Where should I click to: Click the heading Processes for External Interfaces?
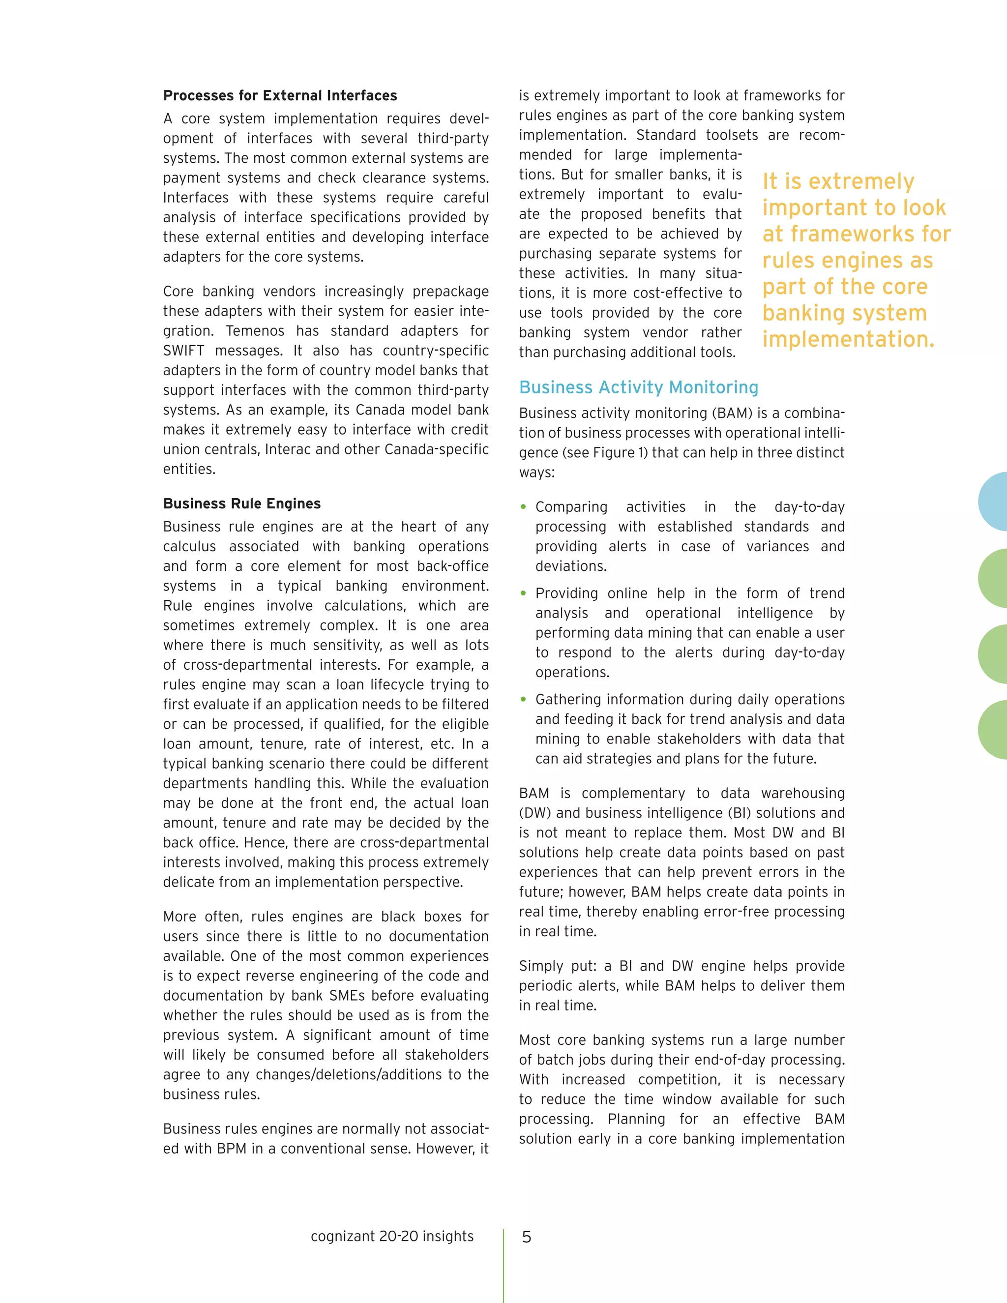(280, 95)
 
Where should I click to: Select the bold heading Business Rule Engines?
(241, 503)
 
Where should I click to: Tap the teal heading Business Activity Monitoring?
(638, 387)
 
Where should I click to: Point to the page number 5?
(526, 1237)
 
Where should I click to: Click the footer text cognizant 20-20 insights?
(392, 1236)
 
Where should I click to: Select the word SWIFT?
(184, 351)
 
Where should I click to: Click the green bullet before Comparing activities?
(523, 507)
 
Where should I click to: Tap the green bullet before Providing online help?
(523, 593)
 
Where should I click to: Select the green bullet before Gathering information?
(523, 699)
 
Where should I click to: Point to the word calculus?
(189, 546)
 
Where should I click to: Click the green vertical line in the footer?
(503, 1265)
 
